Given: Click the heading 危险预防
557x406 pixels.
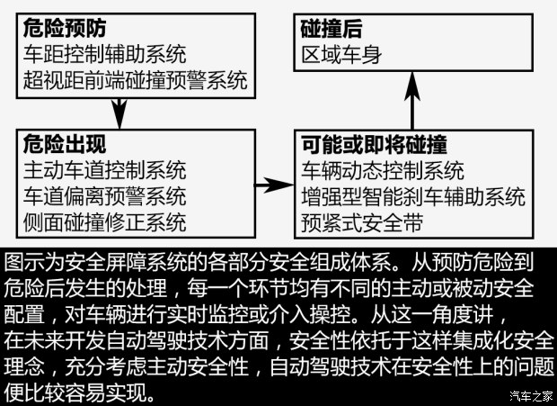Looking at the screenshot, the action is point(65,28).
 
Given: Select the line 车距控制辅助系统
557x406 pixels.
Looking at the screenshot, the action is point(105,54).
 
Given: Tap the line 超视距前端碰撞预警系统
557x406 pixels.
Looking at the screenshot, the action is point(136,80).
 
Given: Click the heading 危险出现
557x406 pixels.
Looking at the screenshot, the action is point(65,144).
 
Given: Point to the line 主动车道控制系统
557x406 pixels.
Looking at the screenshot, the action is point(105,170).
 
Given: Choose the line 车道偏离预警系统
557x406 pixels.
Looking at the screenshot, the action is point(105,196).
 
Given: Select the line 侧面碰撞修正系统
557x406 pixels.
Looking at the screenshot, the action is point(105,222).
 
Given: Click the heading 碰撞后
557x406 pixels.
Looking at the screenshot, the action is point(332,29).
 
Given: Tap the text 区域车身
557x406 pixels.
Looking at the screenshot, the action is point(341,55).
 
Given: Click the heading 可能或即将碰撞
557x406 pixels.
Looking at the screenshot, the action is point(374,144).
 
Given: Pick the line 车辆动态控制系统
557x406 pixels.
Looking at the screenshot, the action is point(383,171).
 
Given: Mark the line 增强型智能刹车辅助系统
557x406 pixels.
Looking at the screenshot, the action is point(413,197).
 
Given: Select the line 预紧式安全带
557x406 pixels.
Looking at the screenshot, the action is point(362,222).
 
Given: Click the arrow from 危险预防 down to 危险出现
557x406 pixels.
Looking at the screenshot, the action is point(119,113).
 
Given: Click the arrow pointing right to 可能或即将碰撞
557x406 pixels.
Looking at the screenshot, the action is point(274,185).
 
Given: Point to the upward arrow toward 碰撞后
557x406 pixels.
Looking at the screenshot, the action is point(412,101).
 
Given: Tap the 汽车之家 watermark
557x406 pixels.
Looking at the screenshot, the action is point(531,396).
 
